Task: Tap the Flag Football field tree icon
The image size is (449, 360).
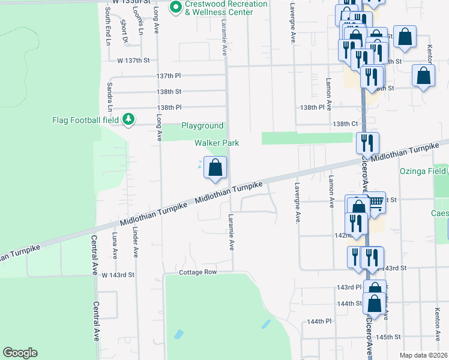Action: (x=128, y=119)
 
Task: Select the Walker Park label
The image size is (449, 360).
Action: (x=217, y=143)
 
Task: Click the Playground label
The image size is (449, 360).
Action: (x=203, y=126)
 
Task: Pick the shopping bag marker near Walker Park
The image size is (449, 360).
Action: (x=215, y=167)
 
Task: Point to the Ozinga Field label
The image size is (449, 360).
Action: (x=424, y=171)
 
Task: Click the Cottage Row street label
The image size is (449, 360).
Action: (x=197, y=272)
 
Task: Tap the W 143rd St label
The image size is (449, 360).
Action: (x=116, y=275)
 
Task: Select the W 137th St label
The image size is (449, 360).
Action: (x=133, y=61)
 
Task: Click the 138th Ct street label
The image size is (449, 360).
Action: (x=346, y=124)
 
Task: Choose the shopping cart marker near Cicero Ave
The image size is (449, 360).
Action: (x=376, y=203)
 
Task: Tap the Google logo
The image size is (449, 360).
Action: (x=20, y=353)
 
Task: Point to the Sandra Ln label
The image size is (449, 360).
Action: (x=110, y=97)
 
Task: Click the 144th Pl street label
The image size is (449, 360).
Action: (x=319, y=322)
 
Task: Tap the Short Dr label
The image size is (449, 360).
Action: (x=124, y=31)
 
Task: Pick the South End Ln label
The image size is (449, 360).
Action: (x=108, y=26)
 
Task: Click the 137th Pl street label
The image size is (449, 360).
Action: (x=169, y=76)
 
